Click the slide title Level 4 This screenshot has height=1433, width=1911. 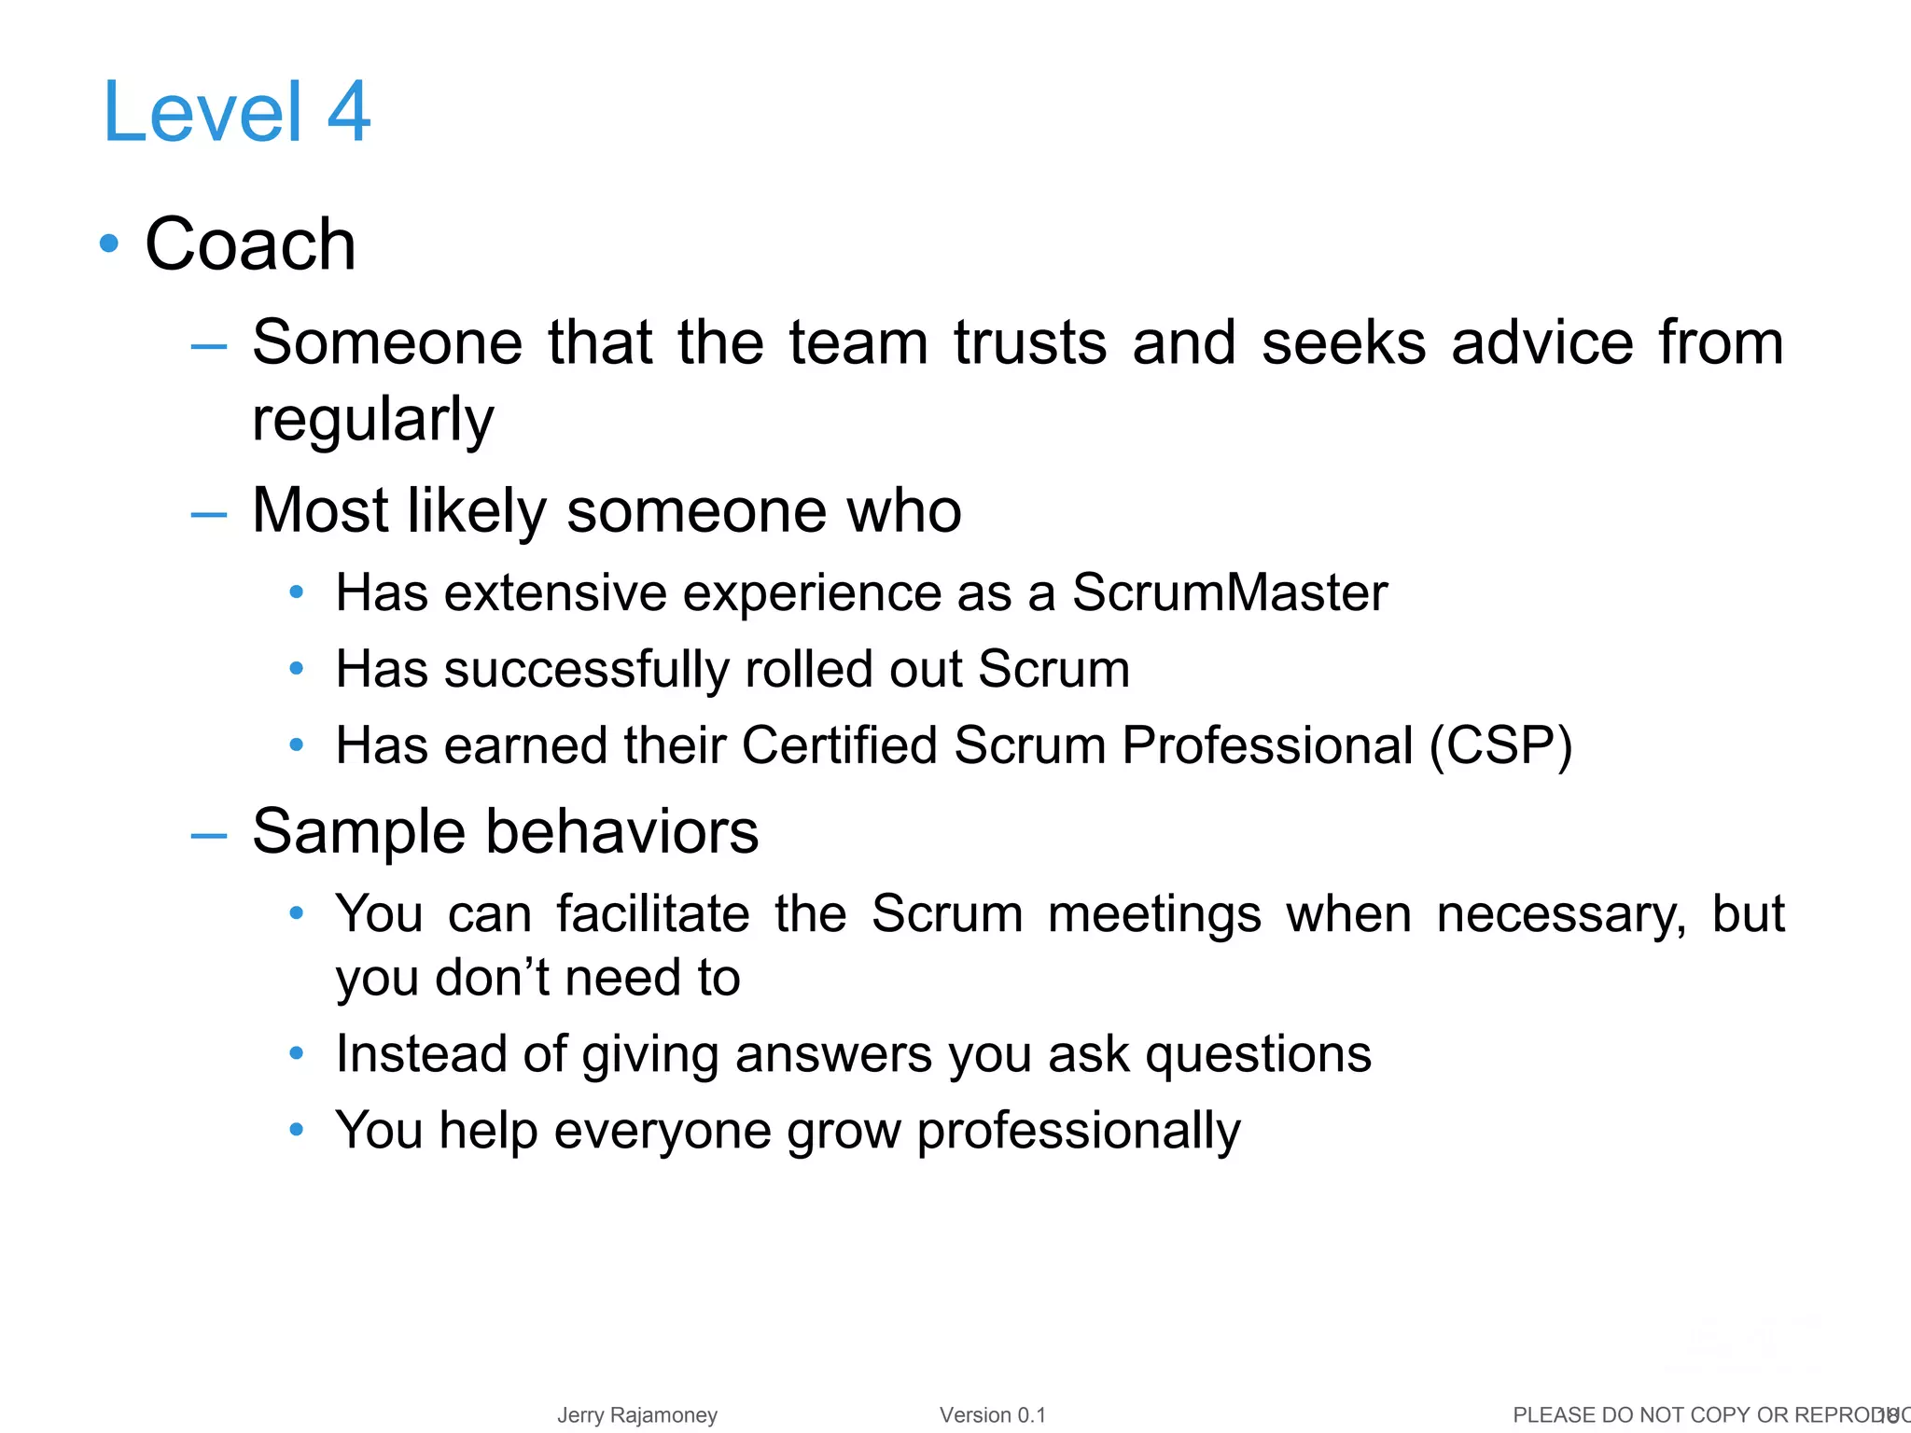point(237,113)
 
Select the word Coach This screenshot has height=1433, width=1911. point(250,244)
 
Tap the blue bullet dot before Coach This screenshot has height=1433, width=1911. point(110,243)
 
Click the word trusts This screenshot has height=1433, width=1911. point(1030,342)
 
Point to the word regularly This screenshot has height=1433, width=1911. point(372,421)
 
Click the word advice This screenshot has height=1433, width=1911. point(1542,342)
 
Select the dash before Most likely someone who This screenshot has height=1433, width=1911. point(208,514)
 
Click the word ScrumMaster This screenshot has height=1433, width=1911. point(1229,592)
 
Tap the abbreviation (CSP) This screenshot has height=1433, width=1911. point(1501,746)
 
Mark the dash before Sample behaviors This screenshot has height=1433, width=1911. point(208,836)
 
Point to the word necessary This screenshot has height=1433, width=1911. point(1561,915)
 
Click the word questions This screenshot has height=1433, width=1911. point(1258,1055)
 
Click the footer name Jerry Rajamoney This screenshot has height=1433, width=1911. point(637,1415)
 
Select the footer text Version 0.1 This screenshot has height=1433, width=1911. point(993,1415)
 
